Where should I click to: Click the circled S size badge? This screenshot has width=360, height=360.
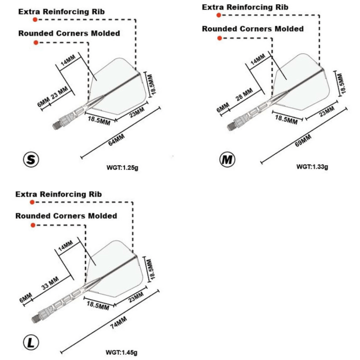coord(31,159)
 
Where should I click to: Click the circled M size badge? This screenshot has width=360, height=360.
coord(227,160)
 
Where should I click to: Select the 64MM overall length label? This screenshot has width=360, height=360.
coord(118,137)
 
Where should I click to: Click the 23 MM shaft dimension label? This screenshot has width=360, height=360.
coord(59,93)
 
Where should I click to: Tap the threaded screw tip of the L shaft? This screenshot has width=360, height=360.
coord(36,317)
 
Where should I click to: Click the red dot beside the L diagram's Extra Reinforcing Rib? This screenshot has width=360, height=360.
coord(32,202)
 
